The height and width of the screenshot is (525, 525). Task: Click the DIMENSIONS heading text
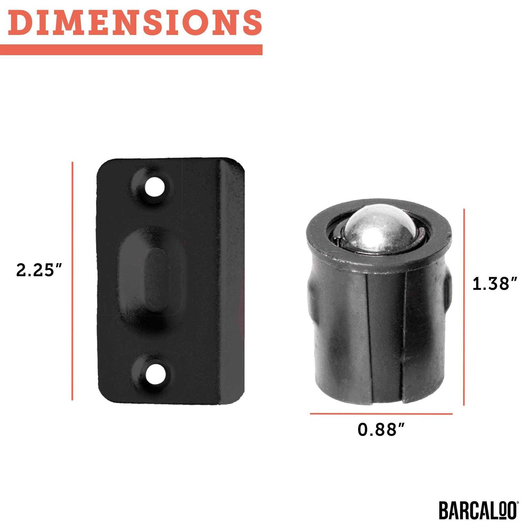(x=135, y=22)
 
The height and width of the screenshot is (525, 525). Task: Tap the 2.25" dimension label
(x=39, y=270)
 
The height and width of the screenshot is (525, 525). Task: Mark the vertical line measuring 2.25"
(x=72, y=281)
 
